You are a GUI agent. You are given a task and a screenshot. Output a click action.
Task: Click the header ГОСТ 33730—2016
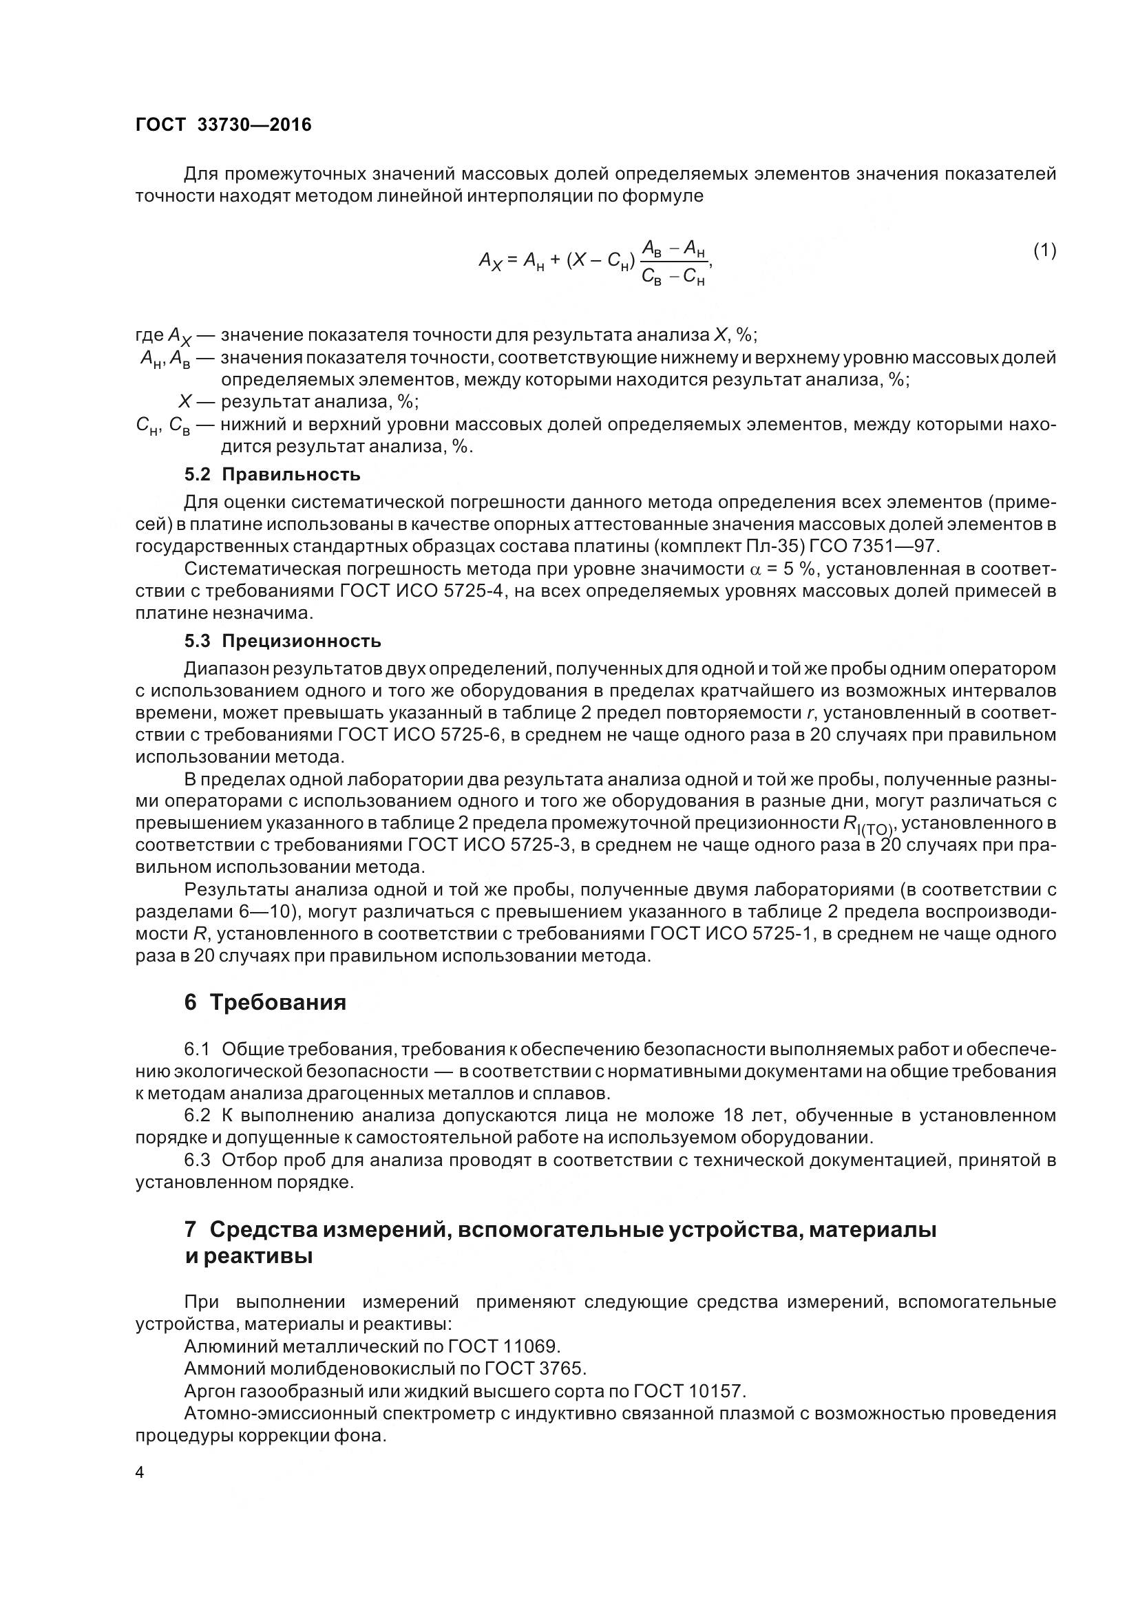pos(223,125)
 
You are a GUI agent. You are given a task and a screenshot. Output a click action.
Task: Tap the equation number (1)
pos(1044,251)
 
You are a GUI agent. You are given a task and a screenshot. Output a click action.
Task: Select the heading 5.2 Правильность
pos(272,475)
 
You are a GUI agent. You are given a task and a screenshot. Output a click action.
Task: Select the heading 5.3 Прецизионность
pos(282,641)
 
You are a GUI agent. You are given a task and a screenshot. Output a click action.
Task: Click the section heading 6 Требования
pos(265,1002)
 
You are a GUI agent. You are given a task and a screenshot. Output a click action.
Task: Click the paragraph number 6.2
pos(197,1116)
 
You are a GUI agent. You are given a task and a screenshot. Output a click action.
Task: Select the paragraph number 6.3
pos(197,1161)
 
